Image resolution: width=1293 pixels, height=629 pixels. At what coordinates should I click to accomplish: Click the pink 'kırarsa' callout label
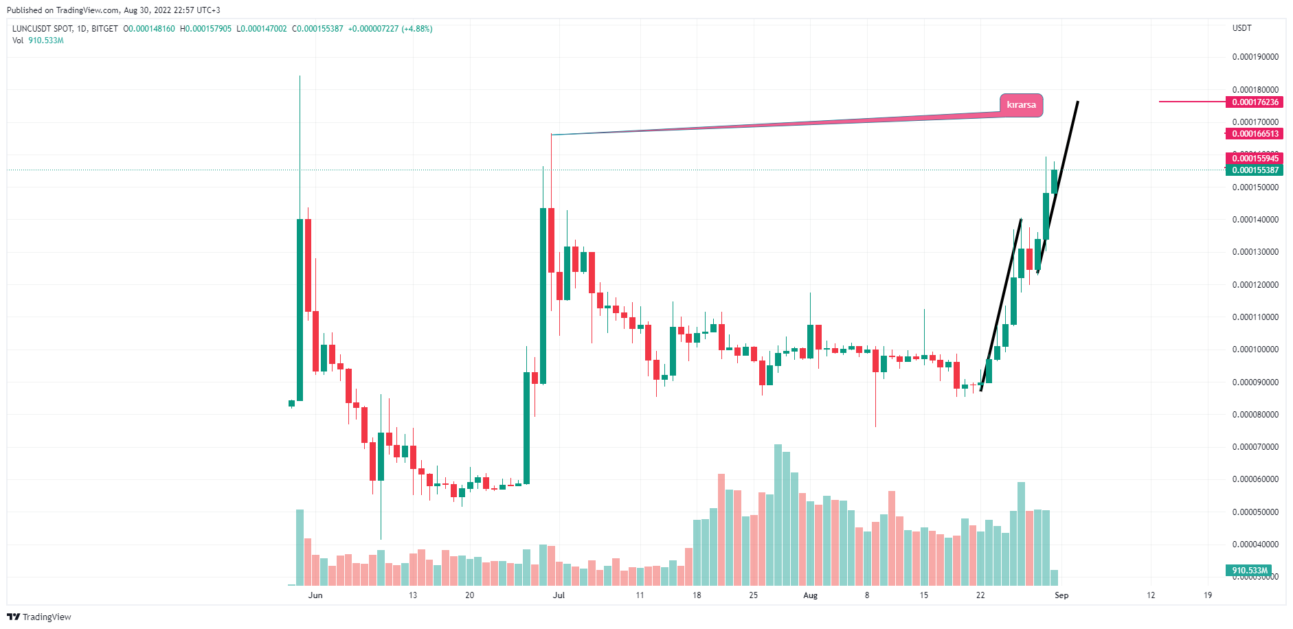tap(1021, 105)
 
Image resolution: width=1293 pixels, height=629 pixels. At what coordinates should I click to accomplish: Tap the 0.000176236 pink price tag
tap(1255, 102)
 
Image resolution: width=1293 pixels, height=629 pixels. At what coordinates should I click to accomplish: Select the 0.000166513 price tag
tap(1255, 134)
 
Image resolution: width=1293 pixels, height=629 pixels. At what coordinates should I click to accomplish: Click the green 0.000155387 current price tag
tap(1255, 170)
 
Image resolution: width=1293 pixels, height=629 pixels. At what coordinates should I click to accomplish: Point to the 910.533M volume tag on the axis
tap(1249, 571)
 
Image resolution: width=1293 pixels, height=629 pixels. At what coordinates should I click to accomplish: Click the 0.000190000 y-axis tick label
tap(1255, 57)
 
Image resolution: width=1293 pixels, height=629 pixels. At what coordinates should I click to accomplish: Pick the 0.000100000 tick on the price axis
tap(1255, 350)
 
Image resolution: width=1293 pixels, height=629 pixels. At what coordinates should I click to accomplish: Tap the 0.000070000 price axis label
tap(1255, 447)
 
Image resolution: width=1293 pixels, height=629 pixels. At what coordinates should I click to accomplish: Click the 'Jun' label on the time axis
tap(315, 595)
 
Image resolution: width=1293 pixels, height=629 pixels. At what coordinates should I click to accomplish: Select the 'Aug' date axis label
tap(811, 595)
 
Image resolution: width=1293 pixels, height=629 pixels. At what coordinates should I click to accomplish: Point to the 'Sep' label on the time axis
tap(1061, 595)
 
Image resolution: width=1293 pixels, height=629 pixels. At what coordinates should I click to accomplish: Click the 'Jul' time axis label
tap(559, 595)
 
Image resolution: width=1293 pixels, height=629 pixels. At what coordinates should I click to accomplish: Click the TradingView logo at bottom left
tap(39, 617)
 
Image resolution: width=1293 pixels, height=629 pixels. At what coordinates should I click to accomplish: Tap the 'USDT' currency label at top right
tap(1241, 28)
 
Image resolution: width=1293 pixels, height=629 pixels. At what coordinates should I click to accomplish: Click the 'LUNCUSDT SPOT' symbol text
tap(42, 29)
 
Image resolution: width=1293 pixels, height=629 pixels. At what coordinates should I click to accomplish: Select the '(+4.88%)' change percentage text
tap(417, 29)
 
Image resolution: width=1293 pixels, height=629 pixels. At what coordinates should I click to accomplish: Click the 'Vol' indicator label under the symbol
tap(18, 41)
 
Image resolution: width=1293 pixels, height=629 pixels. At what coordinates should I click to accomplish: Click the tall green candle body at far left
tap(300, 309)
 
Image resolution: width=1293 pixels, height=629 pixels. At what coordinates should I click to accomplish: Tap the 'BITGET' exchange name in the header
tap(104, 29)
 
